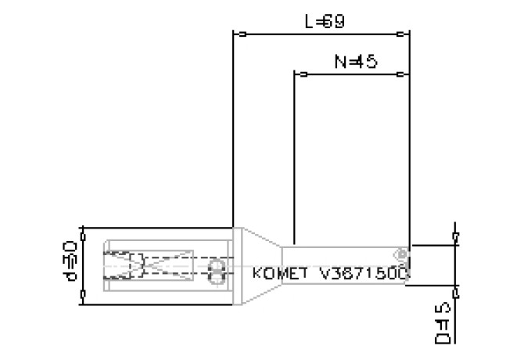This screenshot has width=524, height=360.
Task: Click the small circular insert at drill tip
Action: point(401,254)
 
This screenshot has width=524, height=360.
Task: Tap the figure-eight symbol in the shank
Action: point(217,272)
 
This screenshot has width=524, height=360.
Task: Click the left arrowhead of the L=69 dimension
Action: point(241,34)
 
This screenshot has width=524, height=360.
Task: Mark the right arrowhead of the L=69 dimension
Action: point(403,34)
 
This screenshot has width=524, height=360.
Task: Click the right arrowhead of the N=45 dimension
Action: point(403,75)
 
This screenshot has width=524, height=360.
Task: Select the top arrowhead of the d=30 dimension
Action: point(82,233)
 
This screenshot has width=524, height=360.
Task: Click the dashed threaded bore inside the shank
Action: point(125,267)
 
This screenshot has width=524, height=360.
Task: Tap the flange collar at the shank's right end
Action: point(235,266)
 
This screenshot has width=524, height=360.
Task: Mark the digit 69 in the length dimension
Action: point(334,23)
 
